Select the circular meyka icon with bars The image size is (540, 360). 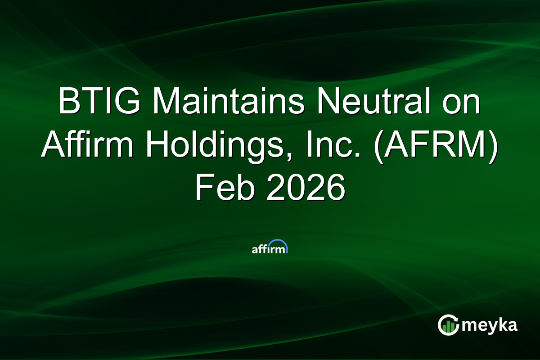pos(448,325)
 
